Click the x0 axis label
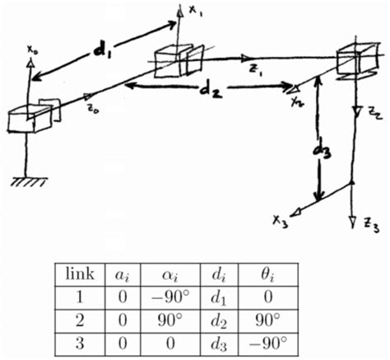pyautogui.click(x=32, y=49)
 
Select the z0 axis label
pyautogui.click(x=93, y=110)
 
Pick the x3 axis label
pyautogui.click(x=280, y=222)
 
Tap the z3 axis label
pyautogui.click(x=372, y=226)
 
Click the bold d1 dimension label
pyautogui.click(x=101, y=50)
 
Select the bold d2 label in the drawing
pyautogui.click(x=211, y=91)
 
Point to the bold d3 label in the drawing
pyautogui.click(x=322, y=151)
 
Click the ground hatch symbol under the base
pyautogui.click(x=29, y=181)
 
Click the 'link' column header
pyautogui.click(x=80, y=274)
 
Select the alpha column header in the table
pyautogui.click(x=170, y=275)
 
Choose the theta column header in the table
pyautogui.click(x=268, y=275)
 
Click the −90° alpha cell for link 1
pyautogui.click(x=170, y=297)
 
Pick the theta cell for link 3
pyautogui.click(x=267, y=344)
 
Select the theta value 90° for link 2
pyautogui.click(x=267, y=320)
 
